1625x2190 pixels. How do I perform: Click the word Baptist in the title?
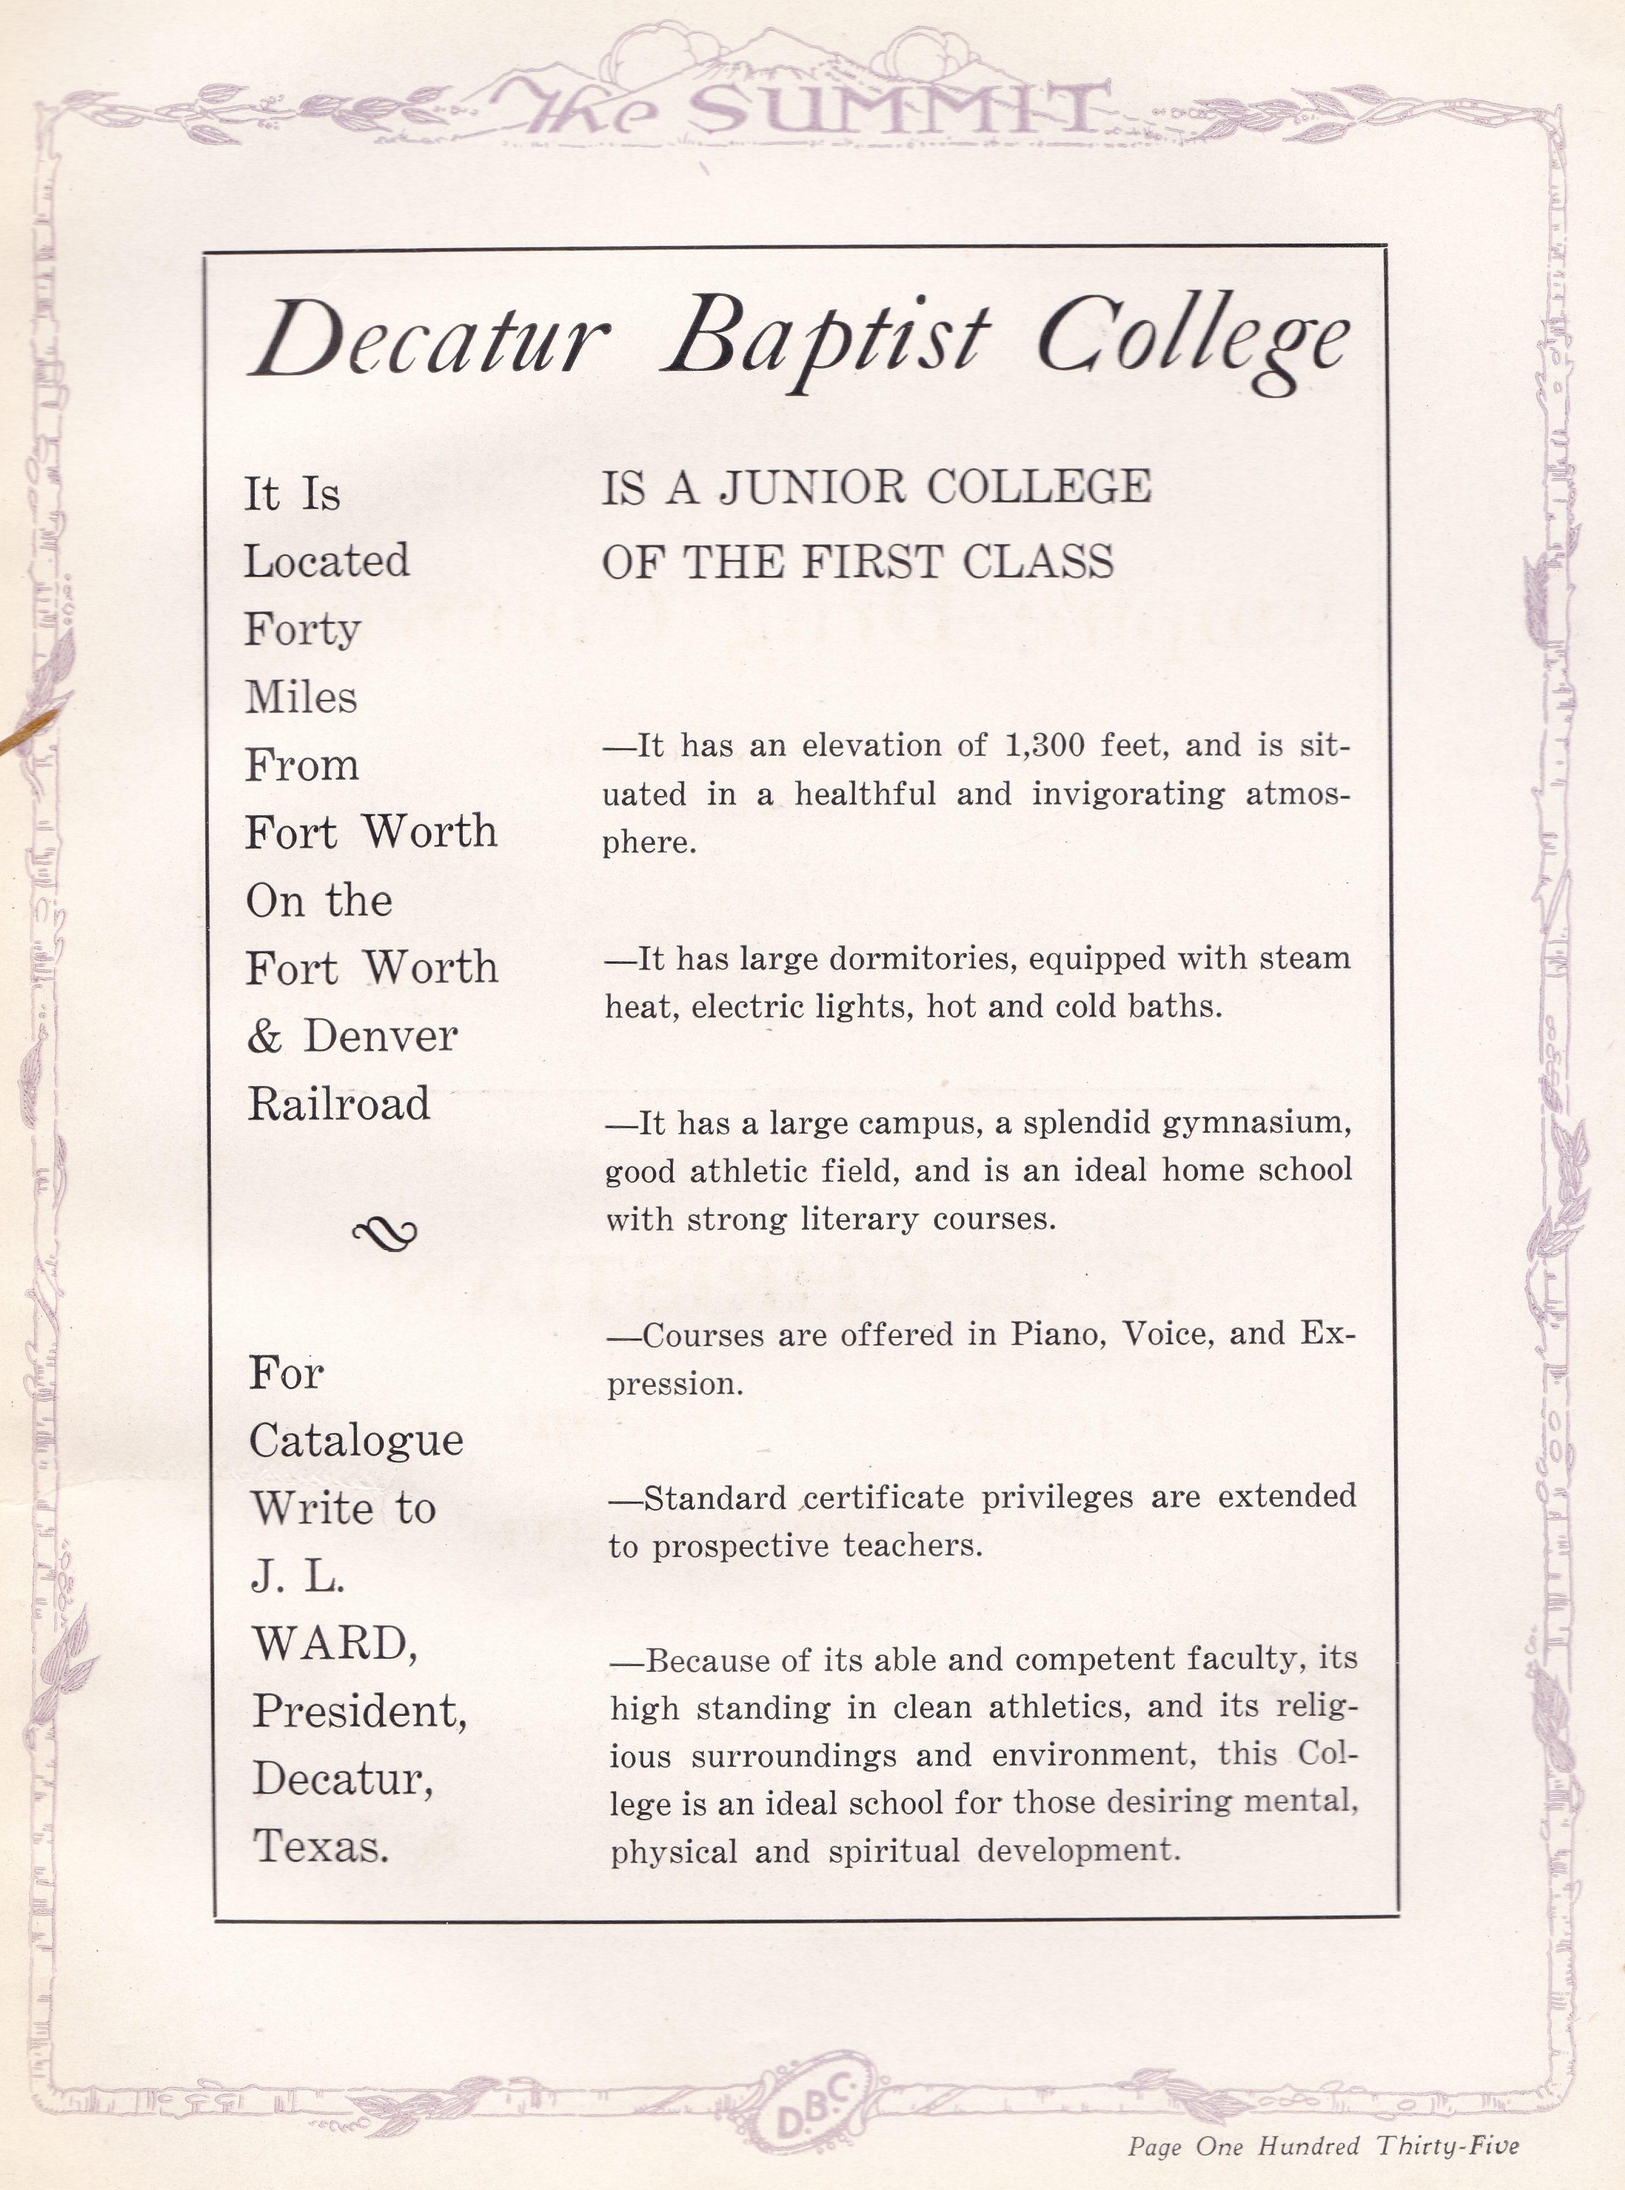pos(824,339)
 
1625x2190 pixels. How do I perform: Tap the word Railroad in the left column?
pos(339,1103)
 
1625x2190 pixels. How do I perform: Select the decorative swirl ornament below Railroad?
pos(385,1232)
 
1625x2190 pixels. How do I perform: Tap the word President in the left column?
pos(358,1711)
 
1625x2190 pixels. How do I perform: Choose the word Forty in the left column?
pos(302,627)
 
